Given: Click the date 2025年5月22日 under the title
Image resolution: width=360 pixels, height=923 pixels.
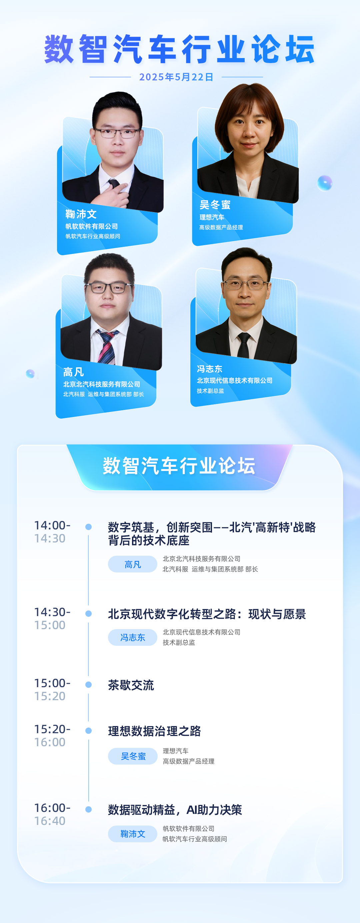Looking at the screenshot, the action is coord(176,77).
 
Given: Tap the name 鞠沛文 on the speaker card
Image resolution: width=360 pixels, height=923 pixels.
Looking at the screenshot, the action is coord(81,214).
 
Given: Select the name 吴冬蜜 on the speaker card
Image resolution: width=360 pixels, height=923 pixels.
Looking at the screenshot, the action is coord(215,205).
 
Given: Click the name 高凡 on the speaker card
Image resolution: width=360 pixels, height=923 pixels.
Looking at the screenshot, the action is coord(73,372).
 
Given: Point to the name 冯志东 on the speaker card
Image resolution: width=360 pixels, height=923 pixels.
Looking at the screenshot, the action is coord(210,369).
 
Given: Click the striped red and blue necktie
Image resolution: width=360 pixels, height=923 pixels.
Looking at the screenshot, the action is coord(107,347).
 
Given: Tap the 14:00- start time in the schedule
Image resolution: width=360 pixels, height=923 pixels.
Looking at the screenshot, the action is coord(52,525).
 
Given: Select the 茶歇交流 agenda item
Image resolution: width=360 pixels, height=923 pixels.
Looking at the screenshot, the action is coord(131,685).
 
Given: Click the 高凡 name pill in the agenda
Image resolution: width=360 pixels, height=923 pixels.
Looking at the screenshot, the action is coord(133,564).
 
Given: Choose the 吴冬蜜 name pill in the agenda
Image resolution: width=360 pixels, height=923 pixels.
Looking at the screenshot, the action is coord(133,756).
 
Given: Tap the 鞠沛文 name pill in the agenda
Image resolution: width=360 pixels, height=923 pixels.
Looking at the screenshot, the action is coord(133,834).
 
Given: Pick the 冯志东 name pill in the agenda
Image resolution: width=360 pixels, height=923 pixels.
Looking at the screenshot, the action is coord(133,637).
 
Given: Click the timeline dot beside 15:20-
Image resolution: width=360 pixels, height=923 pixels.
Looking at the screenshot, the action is coord(88,731).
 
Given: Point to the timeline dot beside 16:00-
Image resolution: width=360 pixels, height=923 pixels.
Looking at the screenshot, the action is coord(88,809).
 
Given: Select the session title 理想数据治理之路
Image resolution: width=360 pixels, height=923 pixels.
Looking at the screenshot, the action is coord(155,731).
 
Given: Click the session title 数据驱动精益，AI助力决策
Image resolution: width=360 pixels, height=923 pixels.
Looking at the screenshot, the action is coord(175,810).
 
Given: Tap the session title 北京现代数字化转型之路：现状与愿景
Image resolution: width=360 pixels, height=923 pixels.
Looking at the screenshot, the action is coord(207,614).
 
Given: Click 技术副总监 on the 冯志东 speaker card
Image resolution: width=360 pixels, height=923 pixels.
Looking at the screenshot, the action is coord(210,391).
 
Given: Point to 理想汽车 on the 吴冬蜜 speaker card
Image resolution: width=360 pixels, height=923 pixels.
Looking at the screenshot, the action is coord(212,217).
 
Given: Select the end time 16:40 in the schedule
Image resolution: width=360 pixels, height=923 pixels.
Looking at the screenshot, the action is coord(50,821).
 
